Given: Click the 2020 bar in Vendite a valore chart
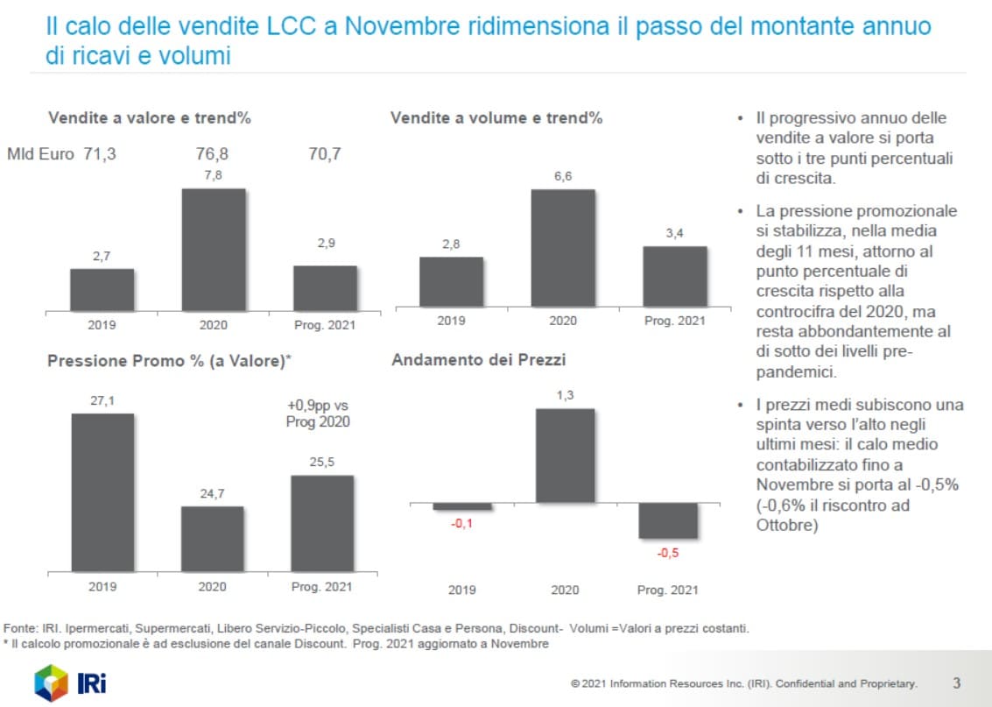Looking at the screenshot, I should (x=213, y=250).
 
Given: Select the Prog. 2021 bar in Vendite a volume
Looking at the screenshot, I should (x=674, y=276).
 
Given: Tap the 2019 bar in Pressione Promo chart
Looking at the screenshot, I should (x=102, y=491).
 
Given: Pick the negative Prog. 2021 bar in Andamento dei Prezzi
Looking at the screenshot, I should (x=668, y=520).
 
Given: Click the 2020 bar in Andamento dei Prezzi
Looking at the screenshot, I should (x=565, y=456).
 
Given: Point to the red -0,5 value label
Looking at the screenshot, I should (x=668, y=553).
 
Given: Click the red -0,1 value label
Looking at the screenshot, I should (x=462, y=524).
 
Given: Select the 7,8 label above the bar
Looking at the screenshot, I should (x=213, y=176).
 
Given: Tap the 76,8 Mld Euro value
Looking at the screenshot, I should (x=213, y=154).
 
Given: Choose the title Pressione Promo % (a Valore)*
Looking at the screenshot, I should (x=168, y=361).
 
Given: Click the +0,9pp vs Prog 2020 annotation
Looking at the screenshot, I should (x=317, y=414).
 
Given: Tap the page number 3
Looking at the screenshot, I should (x=957, y=682).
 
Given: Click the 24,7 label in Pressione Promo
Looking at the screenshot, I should (x=213, y=494).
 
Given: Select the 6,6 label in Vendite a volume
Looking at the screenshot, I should (x=563, y=176).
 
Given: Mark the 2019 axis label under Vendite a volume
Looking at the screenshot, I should (x=451, y=321).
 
